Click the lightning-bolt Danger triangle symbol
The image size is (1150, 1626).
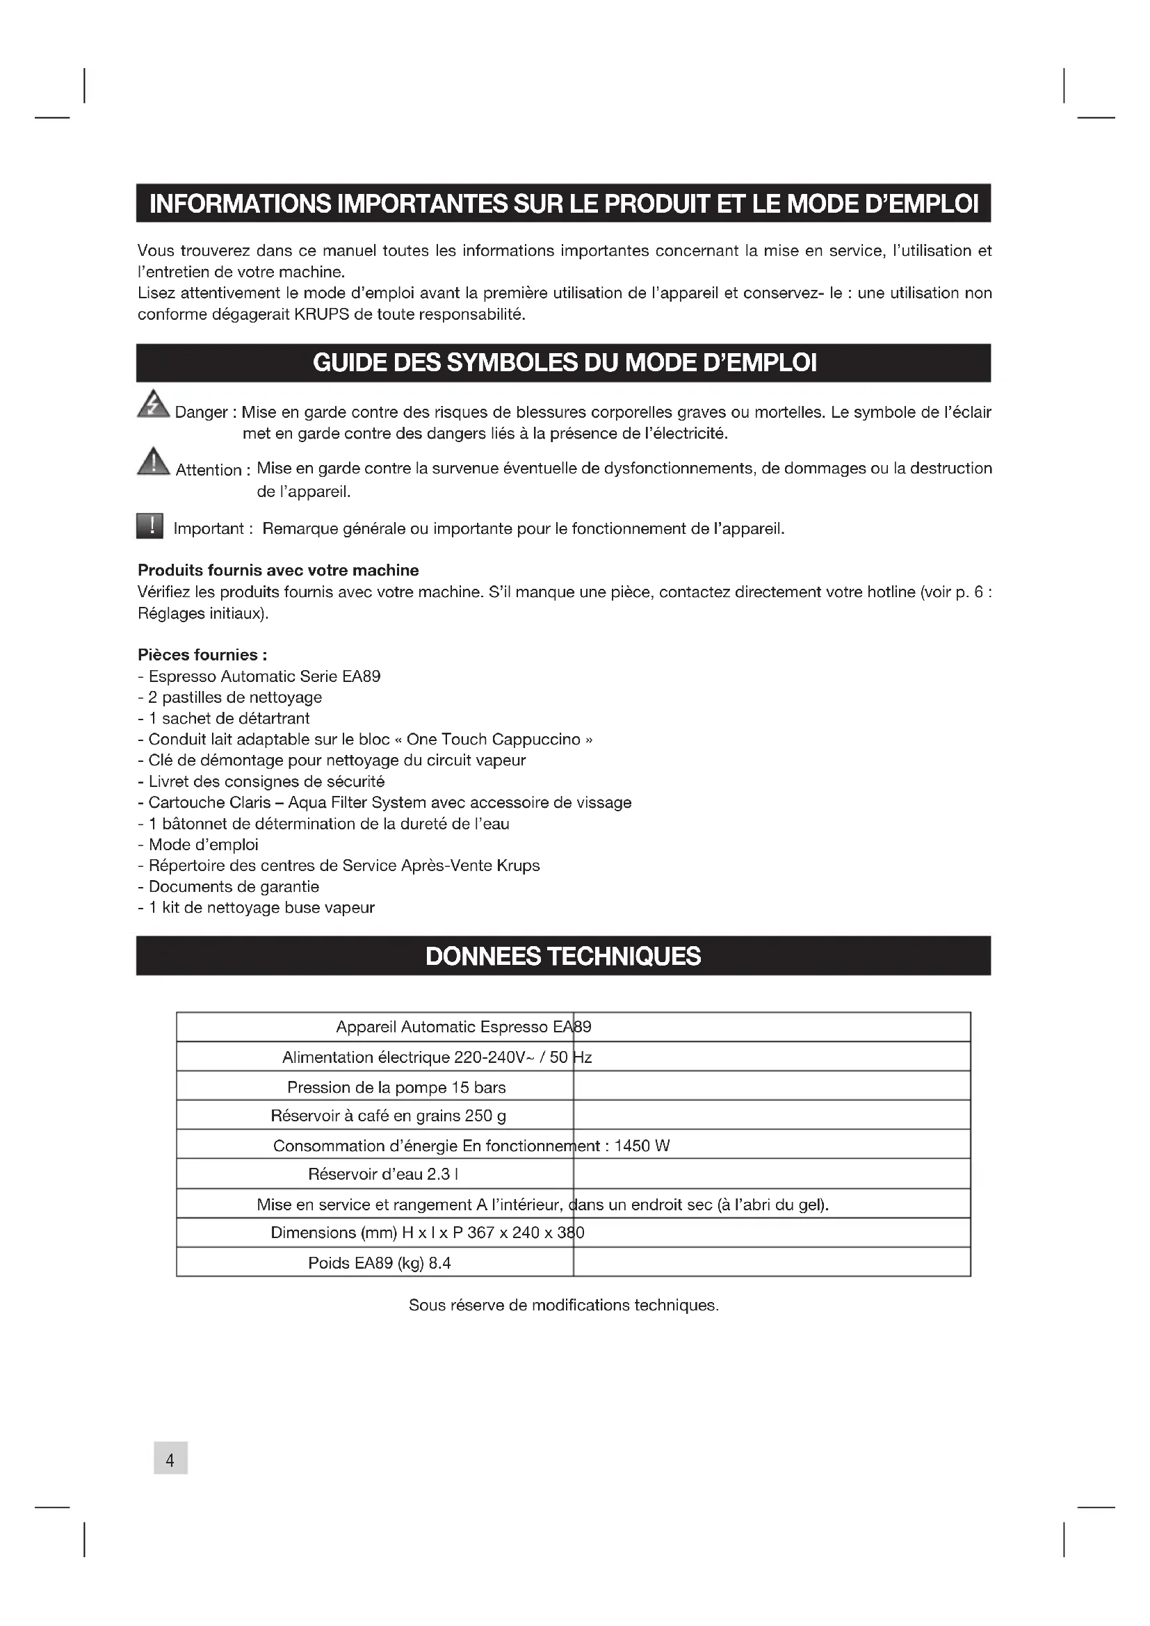tap(152, 405)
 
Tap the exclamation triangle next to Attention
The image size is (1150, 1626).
tap(152, 462)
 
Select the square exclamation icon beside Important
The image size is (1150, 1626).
tap(149, 526)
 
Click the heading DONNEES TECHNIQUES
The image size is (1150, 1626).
tap(563, 956)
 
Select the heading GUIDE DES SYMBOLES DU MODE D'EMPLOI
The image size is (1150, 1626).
tap(565, 363)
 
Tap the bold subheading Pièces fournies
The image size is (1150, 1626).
tap(202, 654)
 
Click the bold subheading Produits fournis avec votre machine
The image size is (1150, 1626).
tap(278, 570)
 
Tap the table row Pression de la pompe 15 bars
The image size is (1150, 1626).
tap(396, 1087)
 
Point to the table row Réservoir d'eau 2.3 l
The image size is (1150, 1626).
tap(382, 1174)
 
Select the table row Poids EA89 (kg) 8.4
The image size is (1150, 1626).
tap(379, 1262)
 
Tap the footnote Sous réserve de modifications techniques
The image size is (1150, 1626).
tap(564, 1306)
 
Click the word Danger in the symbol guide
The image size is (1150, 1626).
tap(201, 412)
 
